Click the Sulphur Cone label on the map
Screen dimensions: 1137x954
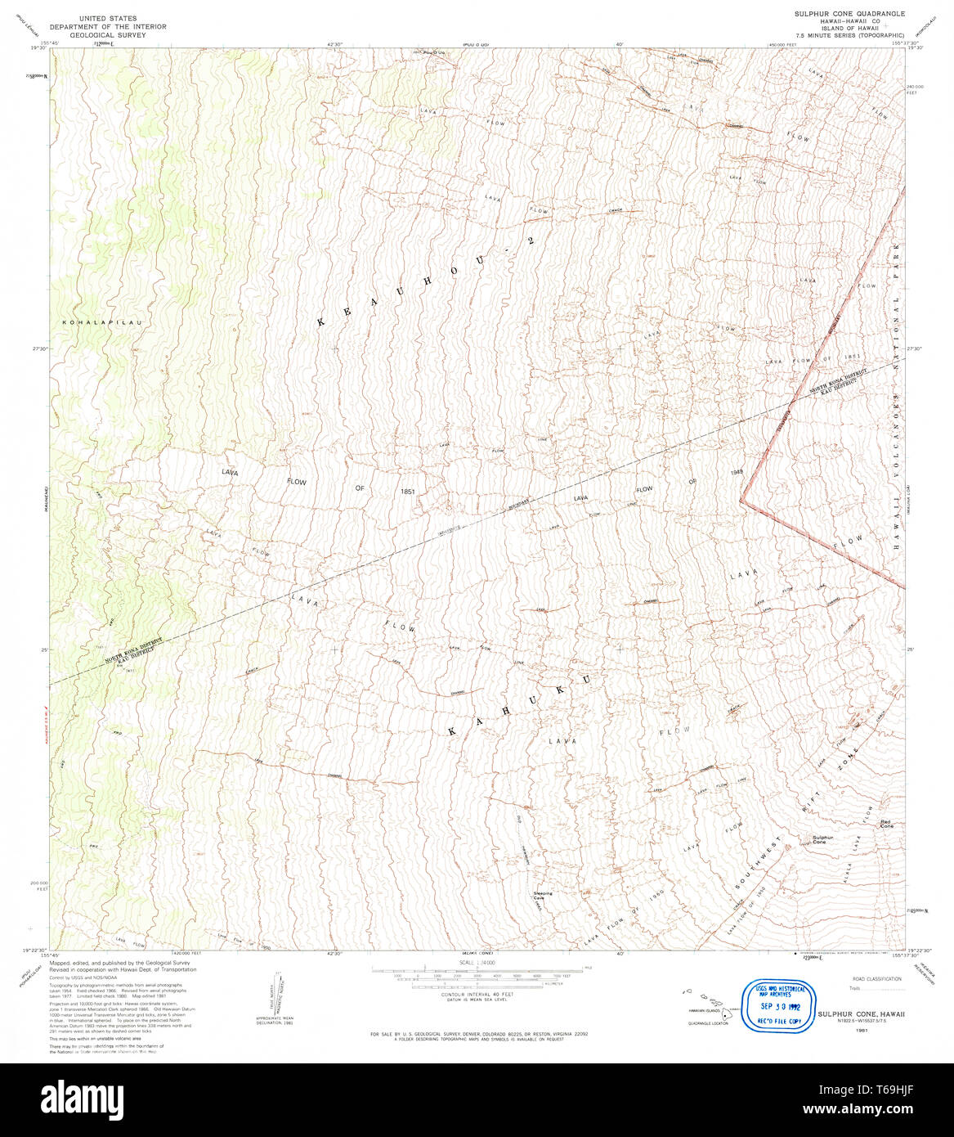822,840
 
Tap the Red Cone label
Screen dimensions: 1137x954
887,824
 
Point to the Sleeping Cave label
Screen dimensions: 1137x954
543,896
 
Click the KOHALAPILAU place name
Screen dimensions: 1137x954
102,323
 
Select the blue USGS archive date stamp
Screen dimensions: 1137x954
773,1005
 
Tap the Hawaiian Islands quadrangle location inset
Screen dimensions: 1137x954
708,1008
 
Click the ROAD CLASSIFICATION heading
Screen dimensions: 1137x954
877,978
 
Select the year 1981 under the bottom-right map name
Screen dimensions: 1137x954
861,1031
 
